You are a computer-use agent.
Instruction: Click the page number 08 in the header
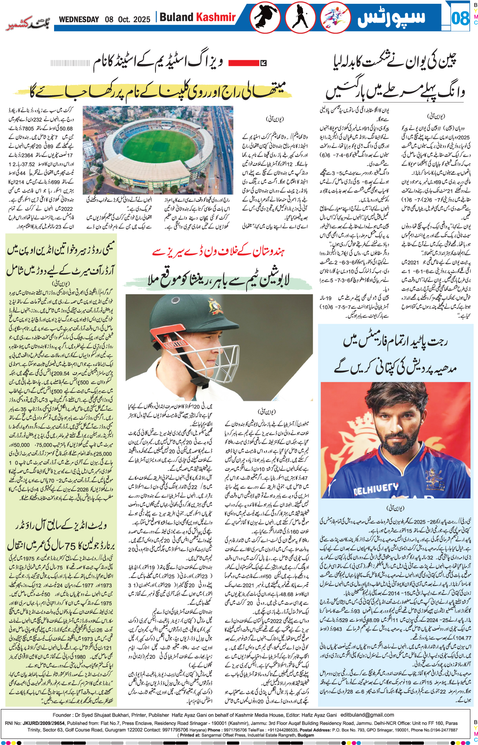[460, 18]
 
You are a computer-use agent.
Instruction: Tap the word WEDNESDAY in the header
[79, 19]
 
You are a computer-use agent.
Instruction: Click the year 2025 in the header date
[143, 19]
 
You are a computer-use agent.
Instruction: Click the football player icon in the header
[335, 17]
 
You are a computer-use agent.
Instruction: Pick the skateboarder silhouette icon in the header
[265, 17]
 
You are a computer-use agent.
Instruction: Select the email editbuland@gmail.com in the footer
[367, 715]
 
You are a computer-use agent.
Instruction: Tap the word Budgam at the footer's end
[306, 735]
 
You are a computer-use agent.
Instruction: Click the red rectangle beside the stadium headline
[243, 63]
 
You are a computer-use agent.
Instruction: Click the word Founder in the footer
[62, 715]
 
